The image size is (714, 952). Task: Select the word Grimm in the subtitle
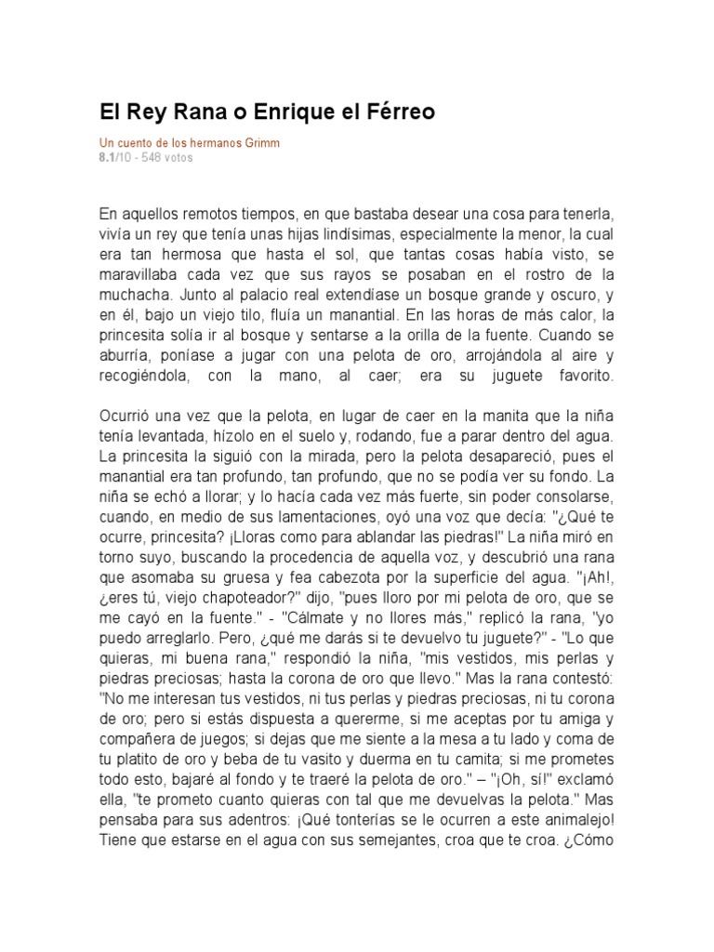point(261,144)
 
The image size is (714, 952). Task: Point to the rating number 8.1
point(109,158)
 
